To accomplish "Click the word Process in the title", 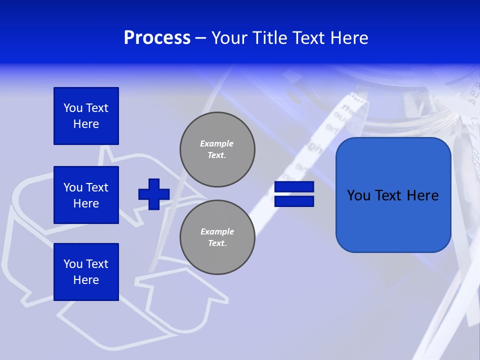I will pos(157,38).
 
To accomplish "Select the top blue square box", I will pos(86,116).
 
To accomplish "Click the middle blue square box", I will pos(86,195).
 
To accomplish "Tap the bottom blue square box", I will pos(86,272).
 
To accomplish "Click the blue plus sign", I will pos(154,194).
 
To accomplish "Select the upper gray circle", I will pos(217,149).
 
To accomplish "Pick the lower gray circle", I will pos(217,237).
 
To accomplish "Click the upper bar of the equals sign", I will pos(294,187).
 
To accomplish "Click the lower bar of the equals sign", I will pos(294,201).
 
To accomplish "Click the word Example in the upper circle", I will pos(216,143).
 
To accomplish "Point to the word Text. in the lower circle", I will pos(217,243).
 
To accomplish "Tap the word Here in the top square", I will pos(86,124).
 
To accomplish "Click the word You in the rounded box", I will pos(358,195).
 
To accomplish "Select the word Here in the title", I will pos(348,38).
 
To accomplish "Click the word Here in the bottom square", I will pos(86,280).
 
